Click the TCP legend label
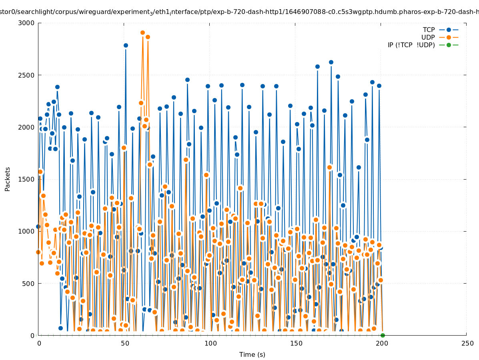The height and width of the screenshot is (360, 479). tap(429, 30)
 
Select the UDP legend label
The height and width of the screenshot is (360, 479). tap(428, 37)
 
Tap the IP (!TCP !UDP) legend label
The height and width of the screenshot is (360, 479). tap(411, 45)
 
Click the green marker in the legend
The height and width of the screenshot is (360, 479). tap(449, 45)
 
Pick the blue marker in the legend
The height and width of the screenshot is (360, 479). tap(449, 30)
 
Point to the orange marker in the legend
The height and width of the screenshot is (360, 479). tap(449, 37)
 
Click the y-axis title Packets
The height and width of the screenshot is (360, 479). tap(8, 179)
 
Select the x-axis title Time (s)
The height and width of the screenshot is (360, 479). tap(252, 354)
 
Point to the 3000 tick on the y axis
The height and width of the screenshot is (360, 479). tap(26, 23)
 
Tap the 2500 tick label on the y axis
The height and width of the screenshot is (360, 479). tap(26, 75)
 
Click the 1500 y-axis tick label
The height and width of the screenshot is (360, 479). tap(26, 179)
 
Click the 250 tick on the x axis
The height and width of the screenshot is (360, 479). tap(467, 343)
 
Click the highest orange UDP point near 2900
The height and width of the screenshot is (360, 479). tap(142, 33)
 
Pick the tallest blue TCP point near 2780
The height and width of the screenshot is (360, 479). tap(126, 45)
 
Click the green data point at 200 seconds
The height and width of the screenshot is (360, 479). tap(383, 335)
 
